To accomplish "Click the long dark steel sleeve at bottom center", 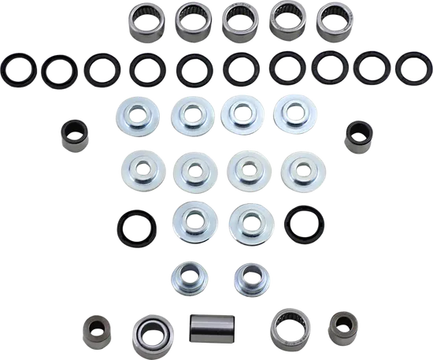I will point(213,327).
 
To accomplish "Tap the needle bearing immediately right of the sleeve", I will point(289,326).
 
